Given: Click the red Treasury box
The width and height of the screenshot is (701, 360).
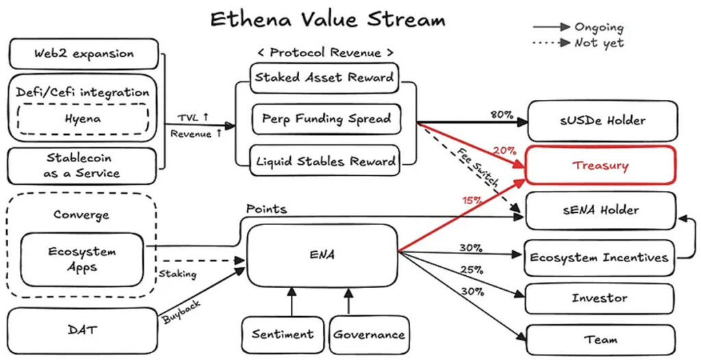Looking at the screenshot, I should point(600,165).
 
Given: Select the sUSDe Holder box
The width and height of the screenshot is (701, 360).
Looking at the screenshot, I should point(600,120).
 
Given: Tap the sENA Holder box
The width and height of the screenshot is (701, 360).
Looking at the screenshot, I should point(600,210).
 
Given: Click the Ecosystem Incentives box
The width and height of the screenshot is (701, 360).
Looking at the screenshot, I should point(599,257).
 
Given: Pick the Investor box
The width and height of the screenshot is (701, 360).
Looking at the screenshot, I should point(600,298).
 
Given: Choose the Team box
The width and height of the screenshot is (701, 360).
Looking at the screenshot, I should point(600,339).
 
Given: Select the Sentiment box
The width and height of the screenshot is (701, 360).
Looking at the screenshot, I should point(282,335).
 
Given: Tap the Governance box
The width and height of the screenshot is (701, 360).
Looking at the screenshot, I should point(369,335).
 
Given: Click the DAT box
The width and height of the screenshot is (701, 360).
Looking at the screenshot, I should point(83,331).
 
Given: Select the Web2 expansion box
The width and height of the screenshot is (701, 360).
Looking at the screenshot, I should point(84,53).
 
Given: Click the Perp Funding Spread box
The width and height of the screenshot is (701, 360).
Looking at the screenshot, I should point(326,119).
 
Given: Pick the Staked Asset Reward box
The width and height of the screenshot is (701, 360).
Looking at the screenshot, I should point(324,78).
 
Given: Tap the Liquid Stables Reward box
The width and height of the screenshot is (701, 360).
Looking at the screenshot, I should point(325,162).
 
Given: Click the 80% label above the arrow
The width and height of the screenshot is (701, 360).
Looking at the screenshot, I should point(502,114).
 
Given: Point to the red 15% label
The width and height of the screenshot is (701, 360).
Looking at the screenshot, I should point(472,201).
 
